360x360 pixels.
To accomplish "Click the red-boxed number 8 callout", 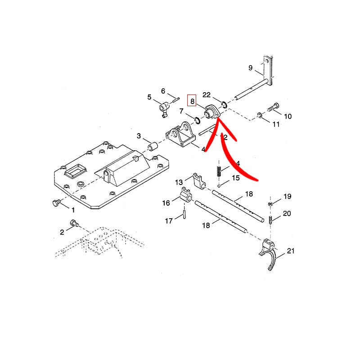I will [193, 102].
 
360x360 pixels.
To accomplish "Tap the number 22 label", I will [207, 94].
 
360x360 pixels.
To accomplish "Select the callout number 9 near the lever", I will [251, 68].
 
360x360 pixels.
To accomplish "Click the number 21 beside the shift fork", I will [291, 251].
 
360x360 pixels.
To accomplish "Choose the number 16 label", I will [166, 203].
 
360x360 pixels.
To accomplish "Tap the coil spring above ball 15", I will [219, 171].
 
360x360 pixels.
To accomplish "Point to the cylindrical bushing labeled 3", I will [153, 147].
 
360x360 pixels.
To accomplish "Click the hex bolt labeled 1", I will [56, 203].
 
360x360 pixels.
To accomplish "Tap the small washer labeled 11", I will [260, 115].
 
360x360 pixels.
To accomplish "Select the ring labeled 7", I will [197, 120].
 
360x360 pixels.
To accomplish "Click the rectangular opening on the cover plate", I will [75, 171].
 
